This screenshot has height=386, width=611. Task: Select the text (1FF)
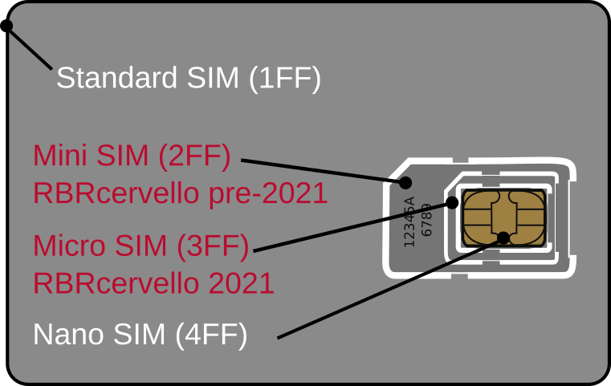click(x=284, y=79)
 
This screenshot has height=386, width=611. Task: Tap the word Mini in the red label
click(x=62, y=155)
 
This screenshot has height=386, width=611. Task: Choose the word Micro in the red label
click(x=70, y=246)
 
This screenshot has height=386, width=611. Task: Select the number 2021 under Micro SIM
click(x=241, y=283)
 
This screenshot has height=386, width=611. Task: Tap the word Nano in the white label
click(x=69, y=335)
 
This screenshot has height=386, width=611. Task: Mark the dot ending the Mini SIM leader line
click(x=405, y=183)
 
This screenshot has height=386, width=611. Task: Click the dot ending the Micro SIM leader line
click(x=452, y=202)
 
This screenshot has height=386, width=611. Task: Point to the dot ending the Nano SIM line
click(x=503, y=238)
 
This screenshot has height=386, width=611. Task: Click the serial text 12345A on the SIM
click(x=409, y=221)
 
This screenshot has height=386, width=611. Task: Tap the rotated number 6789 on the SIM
click(x=426, y=219)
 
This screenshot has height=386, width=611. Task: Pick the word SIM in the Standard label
click(x=213, y=79)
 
